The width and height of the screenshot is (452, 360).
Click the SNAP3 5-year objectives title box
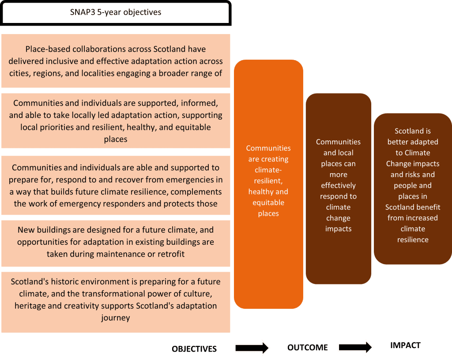(116, 12)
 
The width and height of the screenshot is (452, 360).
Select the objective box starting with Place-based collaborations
(116, 61)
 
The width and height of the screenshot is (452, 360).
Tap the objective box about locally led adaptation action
(116, 121)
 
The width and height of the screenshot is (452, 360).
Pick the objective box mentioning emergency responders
(116, 185)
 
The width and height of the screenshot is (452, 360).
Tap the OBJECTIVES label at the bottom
(194, 349)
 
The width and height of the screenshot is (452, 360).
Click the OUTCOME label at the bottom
(307, 348)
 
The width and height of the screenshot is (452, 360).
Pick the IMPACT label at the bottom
(405, 345)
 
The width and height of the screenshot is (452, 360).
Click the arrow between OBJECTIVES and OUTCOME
(252, 348)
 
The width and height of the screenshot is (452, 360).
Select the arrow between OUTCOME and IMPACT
(355, 347)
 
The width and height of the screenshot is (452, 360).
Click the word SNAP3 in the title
(82, 12)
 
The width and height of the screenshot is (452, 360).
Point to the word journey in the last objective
(116, 317)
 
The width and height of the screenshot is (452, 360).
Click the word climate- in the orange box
(268, 170)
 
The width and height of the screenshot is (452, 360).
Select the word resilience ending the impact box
(413, 239)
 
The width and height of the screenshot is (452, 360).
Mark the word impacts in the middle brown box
(338, 229)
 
